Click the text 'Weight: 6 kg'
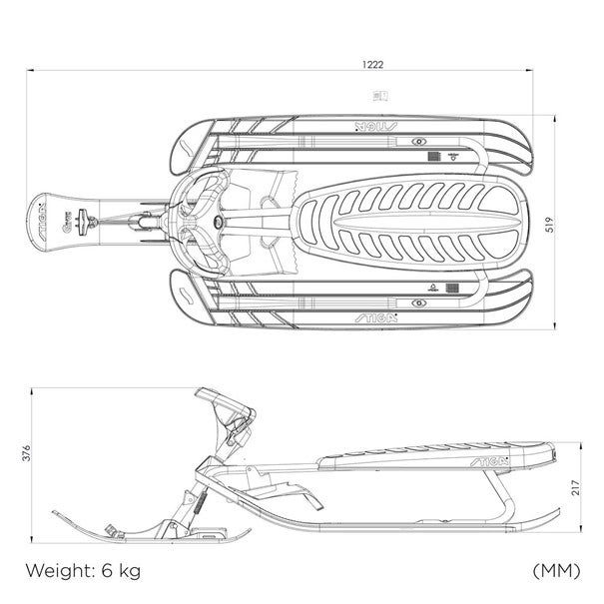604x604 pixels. click(x=83, y=572)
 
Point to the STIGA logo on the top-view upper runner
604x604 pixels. click(x=376, y=127)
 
